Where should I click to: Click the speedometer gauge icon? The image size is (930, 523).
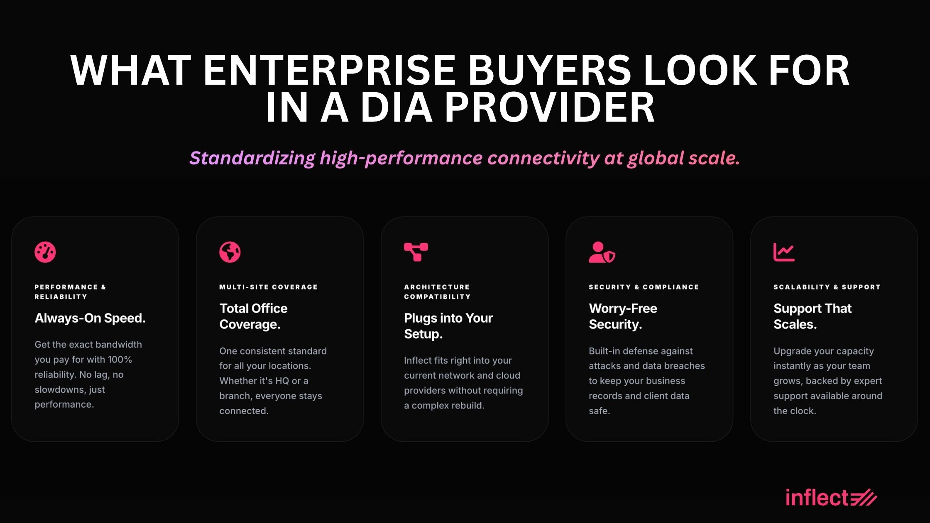(45, 252)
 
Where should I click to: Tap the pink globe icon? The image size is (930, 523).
(230, 252)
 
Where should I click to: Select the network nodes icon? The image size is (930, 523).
(416, 252)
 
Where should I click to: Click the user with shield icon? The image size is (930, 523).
(602, 252)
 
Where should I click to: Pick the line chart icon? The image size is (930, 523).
(784, 252)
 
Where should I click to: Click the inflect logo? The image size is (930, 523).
(831, 497)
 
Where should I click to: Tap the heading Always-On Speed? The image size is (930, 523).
(90, 318)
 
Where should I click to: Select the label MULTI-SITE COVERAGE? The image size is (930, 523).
(268, 287)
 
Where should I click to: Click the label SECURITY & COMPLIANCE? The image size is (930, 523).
(644, 287)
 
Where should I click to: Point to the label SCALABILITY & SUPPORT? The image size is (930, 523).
(827, 287)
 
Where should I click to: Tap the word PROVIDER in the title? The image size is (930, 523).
(550, 108)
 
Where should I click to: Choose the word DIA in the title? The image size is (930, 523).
(396, 108)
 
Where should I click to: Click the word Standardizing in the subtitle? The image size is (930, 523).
(252, 158)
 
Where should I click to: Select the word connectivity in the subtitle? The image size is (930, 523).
(543, 158)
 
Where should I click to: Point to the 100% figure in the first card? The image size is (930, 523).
(120, 359)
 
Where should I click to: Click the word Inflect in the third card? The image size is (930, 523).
(418, 360)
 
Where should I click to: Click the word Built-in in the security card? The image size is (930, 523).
(604, 351)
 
